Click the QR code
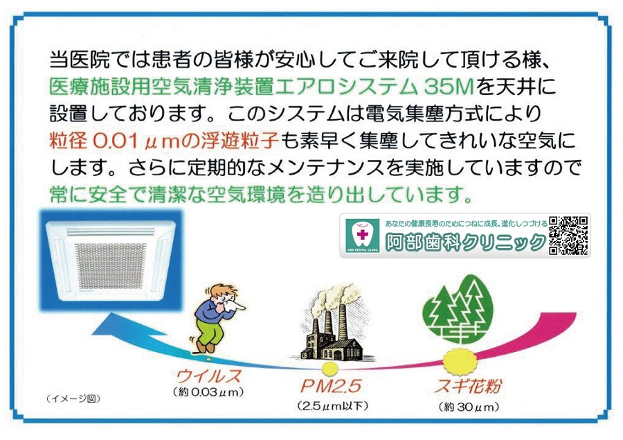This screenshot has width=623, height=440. pyautogui.click(x=568, y=236)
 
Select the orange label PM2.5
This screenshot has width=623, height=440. pyautogui.click(x=331, y=386)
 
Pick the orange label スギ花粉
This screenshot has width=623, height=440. pyautogui.click(x=469, y=385)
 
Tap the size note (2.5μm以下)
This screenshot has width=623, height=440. pyautogui.click(x=331, y=405)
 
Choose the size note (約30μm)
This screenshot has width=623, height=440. pyautogui.click(x=468, y=406)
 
